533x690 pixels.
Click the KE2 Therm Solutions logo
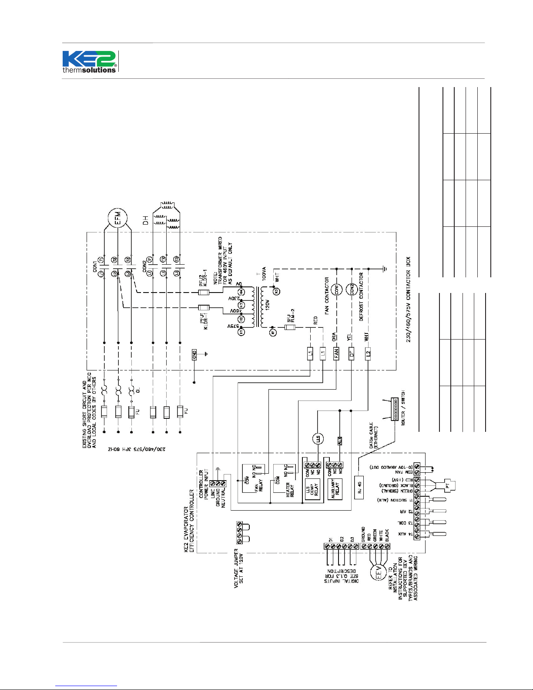(90, 62)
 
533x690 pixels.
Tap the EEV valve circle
(378, 573)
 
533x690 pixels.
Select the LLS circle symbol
(318, 438)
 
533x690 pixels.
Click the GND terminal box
(194, 354)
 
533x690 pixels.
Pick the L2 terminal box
(368, 354)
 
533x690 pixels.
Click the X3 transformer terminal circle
(275, 291)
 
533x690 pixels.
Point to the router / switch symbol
(395, 409)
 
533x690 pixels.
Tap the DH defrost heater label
(145, 220)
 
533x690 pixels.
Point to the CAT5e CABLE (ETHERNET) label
(374, 435)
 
